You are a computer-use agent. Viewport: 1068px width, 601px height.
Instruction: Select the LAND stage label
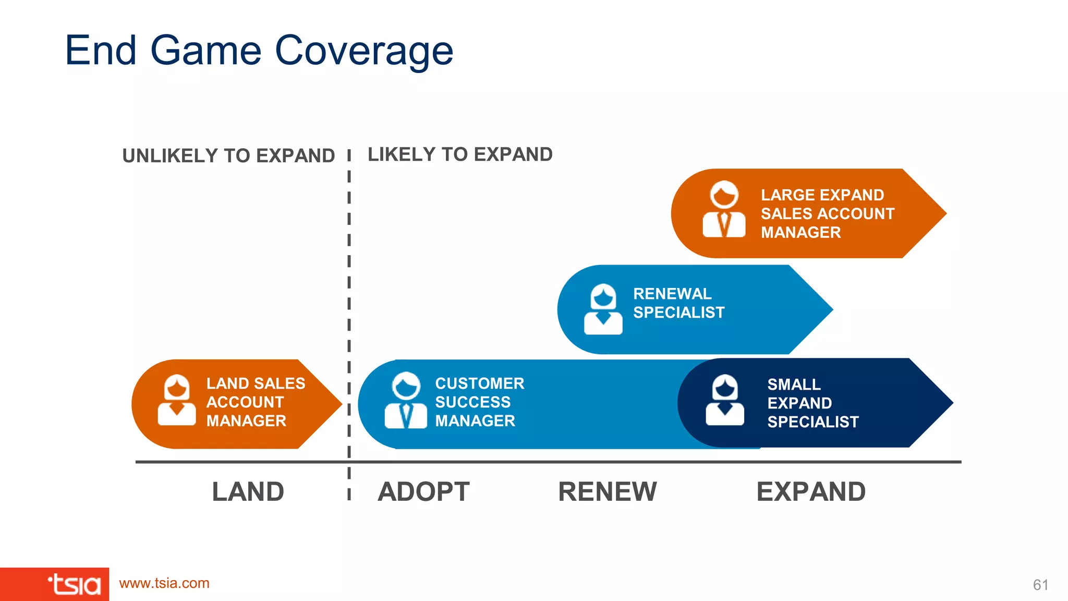pos(248,492)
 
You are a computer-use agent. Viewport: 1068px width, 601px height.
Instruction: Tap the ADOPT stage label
pos(423,492)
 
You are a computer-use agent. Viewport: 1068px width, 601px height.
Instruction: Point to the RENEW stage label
pos(607,492)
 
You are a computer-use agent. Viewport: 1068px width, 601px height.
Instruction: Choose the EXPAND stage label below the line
pos(810,492)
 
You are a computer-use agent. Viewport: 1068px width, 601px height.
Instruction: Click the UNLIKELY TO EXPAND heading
pos(228,156)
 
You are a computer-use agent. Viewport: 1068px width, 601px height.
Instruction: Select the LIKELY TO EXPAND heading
pos(460,154)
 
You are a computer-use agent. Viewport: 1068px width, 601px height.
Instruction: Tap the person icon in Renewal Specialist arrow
pos(603,309)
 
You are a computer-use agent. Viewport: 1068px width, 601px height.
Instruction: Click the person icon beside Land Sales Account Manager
pos(177,401)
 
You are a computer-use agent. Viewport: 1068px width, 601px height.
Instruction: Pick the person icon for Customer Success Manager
pos(406,401)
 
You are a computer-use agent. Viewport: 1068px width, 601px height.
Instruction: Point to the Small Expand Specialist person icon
pos(725,401)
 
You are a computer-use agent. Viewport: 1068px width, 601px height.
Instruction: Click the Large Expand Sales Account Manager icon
pos(724,209)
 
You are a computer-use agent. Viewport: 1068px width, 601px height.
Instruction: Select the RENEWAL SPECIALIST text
pos(678,303)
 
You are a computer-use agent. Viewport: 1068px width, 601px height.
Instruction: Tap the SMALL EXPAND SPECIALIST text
pos(812,403)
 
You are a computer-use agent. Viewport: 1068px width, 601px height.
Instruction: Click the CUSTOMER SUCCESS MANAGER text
pos(479,402)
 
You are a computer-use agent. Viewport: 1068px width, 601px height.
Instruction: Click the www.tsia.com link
pos(164,583)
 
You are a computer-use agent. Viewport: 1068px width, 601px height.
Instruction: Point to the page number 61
pos(1040,585)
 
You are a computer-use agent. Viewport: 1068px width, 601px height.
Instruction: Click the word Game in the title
pos(205,51)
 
